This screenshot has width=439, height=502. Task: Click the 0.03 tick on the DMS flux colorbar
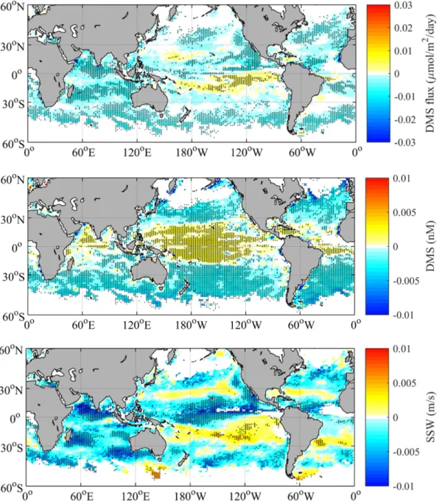pyautogui.click(x=403, y=5)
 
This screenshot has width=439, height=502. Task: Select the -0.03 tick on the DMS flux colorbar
pyautogui.click(x=404, y=142)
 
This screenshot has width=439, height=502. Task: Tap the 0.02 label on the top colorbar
pyautogui.click(x=403, y=28)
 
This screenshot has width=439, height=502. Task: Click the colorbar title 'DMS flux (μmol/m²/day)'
pyautogui.click(x=431, y=73)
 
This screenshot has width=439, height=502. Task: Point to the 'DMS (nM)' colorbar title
pyautogui.click(x=431, y=246)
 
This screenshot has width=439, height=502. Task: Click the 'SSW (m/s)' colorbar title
pyautogui.click(x=431, y=417)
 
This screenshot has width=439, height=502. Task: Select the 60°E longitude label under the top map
pyautogui.click(x=83, y=153)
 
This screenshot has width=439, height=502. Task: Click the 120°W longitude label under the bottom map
pyautogui.click(x=246, y=497)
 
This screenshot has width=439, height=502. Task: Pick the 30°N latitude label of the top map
pyautogui.click(x=13, y=46)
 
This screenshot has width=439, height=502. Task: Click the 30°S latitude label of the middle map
pyautogui.click(x=13, y=276)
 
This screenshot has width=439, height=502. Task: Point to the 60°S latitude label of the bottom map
pyautogui.click(x=12, y=489)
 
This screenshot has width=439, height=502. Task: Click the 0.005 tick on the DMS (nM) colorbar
pyautogui.click(x=404, y=212)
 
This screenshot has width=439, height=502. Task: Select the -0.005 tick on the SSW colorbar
pyautogui.click(x=406, y=452)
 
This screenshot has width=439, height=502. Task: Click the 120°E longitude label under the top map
pyautogui.click(x=138, y=153)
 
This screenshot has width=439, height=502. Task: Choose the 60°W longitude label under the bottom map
pyautogui.click(x=301, y=497)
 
